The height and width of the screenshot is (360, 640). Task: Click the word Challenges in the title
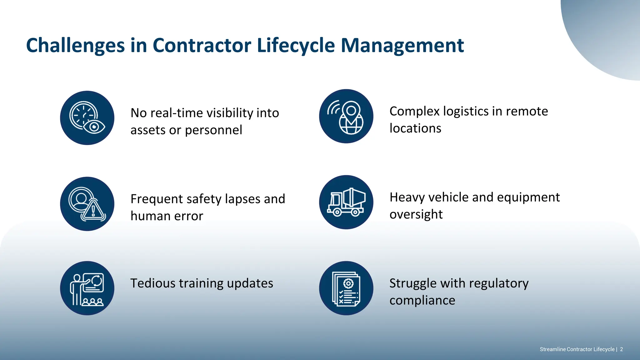pos(75,46)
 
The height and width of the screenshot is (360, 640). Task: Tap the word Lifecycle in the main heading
pos(296,46)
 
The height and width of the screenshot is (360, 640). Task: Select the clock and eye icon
pos(87,118)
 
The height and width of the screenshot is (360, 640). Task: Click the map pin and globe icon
pos(346,116)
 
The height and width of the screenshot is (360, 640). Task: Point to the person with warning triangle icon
pos(87,204)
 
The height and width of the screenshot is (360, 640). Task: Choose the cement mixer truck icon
pos(346,202)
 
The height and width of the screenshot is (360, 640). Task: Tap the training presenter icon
pos(87,288)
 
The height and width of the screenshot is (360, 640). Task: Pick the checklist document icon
pos(346,288)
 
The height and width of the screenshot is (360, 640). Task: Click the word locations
pos(415,128)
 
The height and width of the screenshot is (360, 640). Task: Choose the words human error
pos(167,216)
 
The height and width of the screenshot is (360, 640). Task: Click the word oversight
pos(416,214)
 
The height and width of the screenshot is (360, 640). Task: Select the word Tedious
pos(153,283)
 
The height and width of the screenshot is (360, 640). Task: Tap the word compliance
pos(422,301)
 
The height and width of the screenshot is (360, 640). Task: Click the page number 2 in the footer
pos(622,349)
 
